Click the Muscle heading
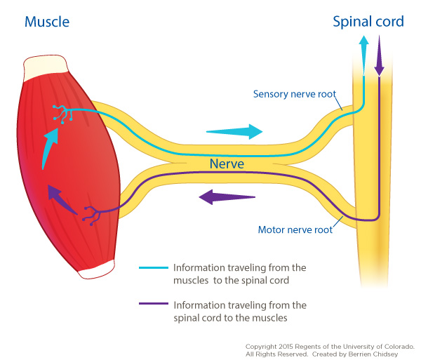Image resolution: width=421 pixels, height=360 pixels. point(47,22)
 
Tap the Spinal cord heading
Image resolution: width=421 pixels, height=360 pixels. point(368,22)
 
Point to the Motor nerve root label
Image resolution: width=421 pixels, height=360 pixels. point(294,228)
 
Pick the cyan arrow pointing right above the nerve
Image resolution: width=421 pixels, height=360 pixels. point(236,131)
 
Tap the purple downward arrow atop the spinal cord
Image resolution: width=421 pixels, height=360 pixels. point(380,54)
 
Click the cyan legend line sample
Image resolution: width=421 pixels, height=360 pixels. point(154,267)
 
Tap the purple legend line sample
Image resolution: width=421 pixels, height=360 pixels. point(154,305)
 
